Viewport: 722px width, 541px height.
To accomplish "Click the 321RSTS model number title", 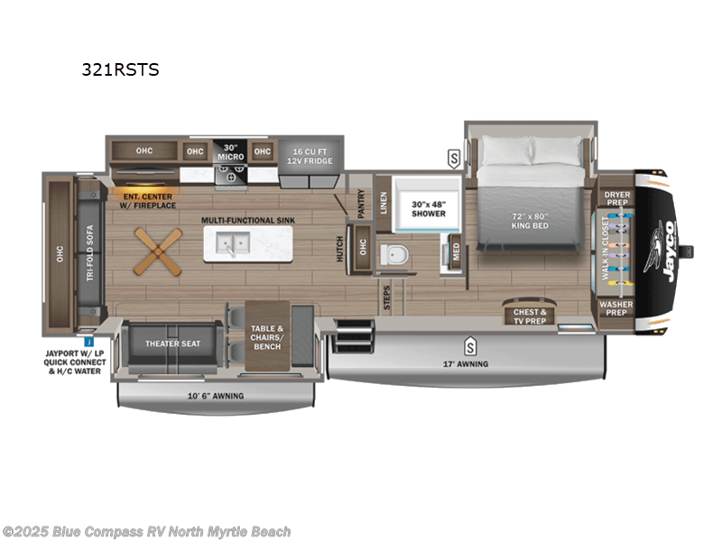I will point(120,69).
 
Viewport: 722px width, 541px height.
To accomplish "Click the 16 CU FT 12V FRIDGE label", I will point(306,155).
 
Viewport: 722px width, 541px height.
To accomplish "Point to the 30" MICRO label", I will point(229,151).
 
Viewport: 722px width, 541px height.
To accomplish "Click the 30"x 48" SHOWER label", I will point(429,208).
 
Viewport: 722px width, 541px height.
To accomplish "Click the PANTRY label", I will point(361,203).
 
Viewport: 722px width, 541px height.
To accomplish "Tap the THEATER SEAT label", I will point(172,344).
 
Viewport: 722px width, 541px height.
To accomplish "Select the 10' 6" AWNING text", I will point(215,395).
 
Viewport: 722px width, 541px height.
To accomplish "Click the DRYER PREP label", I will point(617,198).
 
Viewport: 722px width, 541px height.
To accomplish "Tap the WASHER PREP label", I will point(617,309).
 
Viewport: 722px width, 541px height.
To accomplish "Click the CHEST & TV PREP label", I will point(531,316).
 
